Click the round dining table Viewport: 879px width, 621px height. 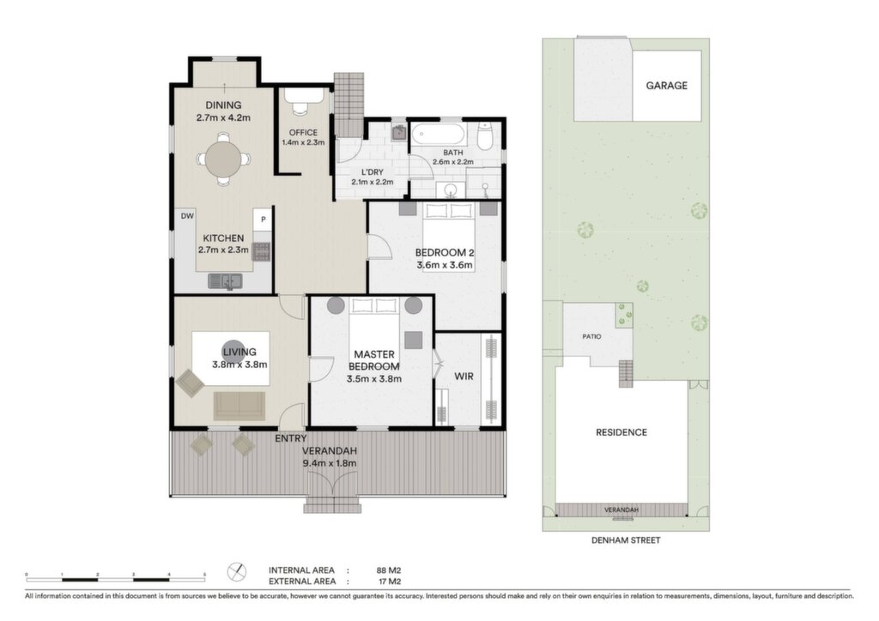point(223,159)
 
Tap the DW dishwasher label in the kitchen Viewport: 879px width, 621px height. point(187,216)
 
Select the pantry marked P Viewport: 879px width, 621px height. point(263,220)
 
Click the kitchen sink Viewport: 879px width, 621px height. point(225,281)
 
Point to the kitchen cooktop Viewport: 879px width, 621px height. point(262,252)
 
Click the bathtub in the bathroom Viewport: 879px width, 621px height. point(439,134)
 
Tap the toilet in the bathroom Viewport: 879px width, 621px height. point(484,136)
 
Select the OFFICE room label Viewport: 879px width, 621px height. point(303,133)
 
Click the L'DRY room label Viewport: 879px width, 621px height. point(373,172)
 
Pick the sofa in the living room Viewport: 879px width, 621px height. point(239,406)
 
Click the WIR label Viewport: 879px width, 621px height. point(464,377)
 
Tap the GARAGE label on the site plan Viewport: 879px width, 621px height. point(666,86)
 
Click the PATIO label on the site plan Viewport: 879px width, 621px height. point(591,336)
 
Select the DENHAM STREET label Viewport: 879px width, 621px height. point(626,540)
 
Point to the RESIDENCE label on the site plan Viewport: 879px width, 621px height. point(621,432)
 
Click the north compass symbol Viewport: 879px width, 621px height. point(237,572)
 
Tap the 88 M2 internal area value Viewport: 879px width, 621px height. point(389,570)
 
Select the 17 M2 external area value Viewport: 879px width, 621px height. point(390,582)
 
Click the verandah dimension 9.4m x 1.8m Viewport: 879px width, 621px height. point(330,463)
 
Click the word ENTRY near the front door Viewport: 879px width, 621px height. point(290,438)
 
